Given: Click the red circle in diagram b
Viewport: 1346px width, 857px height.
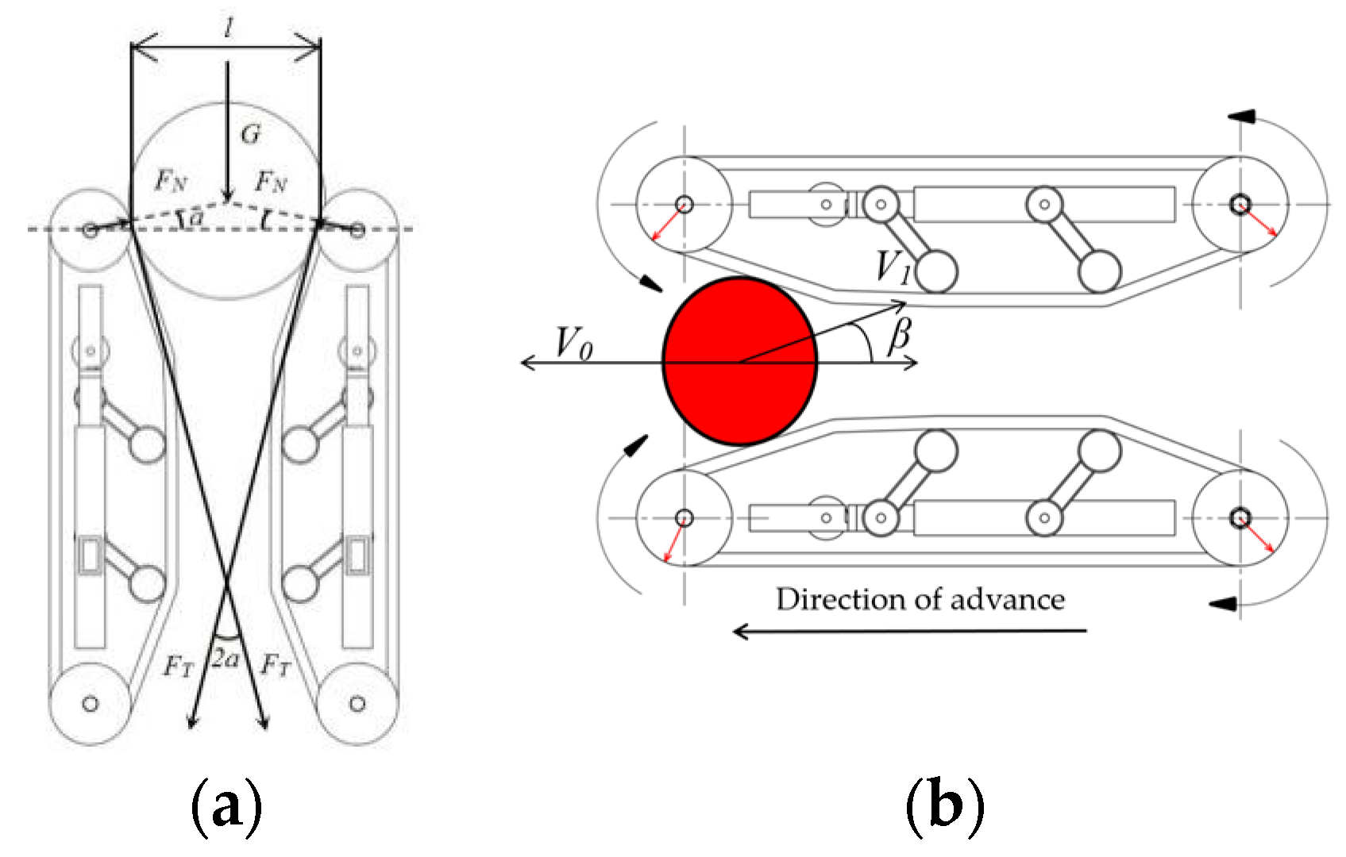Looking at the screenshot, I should (x=739, y=361).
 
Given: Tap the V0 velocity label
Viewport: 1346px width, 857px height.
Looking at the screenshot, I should (x=573, y=344).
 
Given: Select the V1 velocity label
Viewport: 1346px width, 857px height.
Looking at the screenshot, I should (x=893, y=267).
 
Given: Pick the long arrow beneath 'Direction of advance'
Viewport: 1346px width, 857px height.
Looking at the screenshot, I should (x=909, y=631).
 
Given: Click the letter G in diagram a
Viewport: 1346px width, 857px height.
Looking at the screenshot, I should (x=250, y=135).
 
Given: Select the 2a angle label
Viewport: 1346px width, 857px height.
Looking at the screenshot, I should (x=226, y=659).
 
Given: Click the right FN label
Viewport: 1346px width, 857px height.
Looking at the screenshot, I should (x=271, y=183).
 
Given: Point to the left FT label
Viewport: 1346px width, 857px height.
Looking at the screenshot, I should (x=179, y=666).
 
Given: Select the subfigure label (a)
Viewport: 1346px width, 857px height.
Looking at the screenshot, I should (x=226, y=805).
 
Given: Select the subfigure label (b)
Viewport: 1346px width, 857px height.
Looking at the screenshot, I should (x=944, y=805).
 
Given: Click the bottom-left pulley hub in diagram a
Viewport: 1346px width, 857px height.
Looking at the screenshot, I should (x=91, y=703).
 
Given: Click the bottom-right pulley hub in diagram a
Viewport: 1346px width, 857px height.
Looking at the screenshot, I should (x=357, y=703).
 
